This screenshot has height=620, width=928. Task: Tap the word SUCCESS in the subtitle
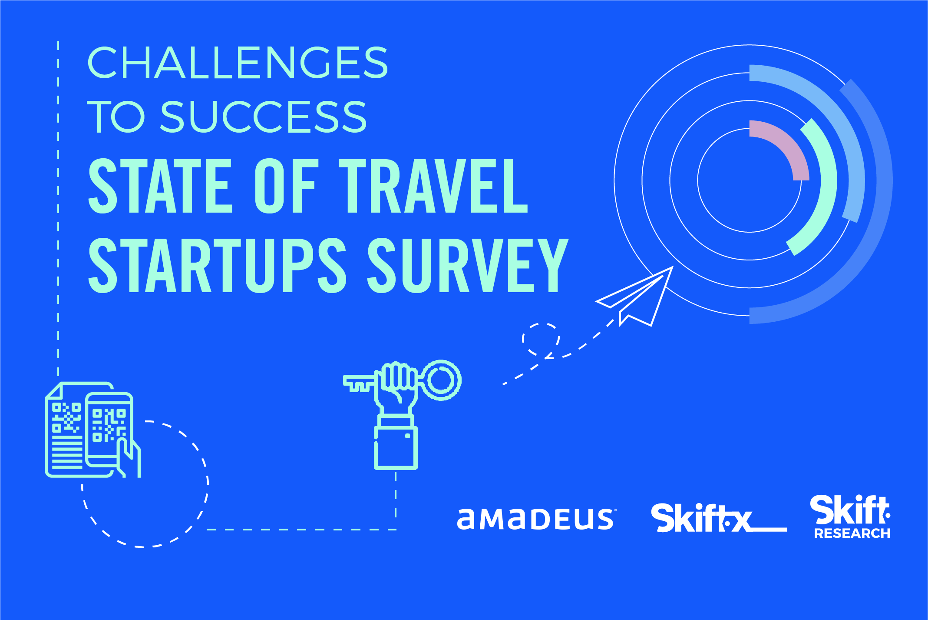click(264, 116)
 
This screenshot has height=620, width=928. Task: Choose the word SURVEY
click(468, 265)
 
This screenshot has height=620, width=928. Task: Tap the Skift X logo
click(719, 518)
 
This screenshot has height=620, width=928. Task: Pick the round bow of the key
click(441, 380)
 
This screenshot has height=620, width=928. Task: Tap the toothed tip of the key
click(358, 383)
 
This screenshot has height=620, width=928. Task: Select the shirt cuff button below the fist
click(407, 436)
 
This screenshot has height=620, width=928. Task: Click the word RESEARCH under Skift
click(852, 533)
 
